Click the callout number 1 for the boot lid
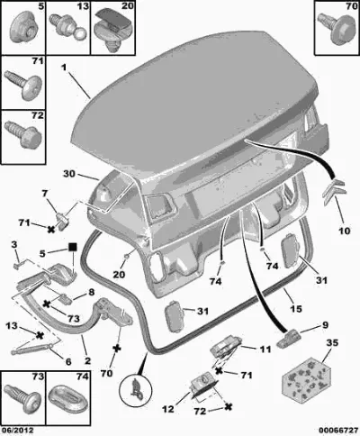(64, 68)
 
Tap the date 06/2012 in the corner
(17, 430)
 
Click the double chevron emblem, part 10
(335, 192)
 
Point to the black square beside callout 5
(73, 247)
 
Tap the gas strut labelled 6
(32, 350)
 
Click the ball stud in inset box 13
(69, 28)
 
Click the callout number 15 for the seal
(295, 308)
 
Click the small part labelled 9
(288, 339)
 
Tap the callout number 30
(69, 174)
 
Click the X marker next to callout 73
(47, 304)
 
